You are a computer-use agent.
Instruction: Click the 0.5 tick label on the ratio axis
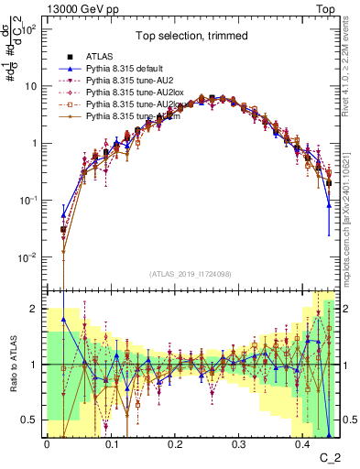click(30, 420)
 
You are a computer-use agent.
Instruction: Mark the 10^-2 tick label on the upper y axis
click(27, 257)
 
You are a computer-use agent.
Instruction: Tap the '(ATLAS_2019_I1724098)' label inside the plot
click(189, 275)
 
